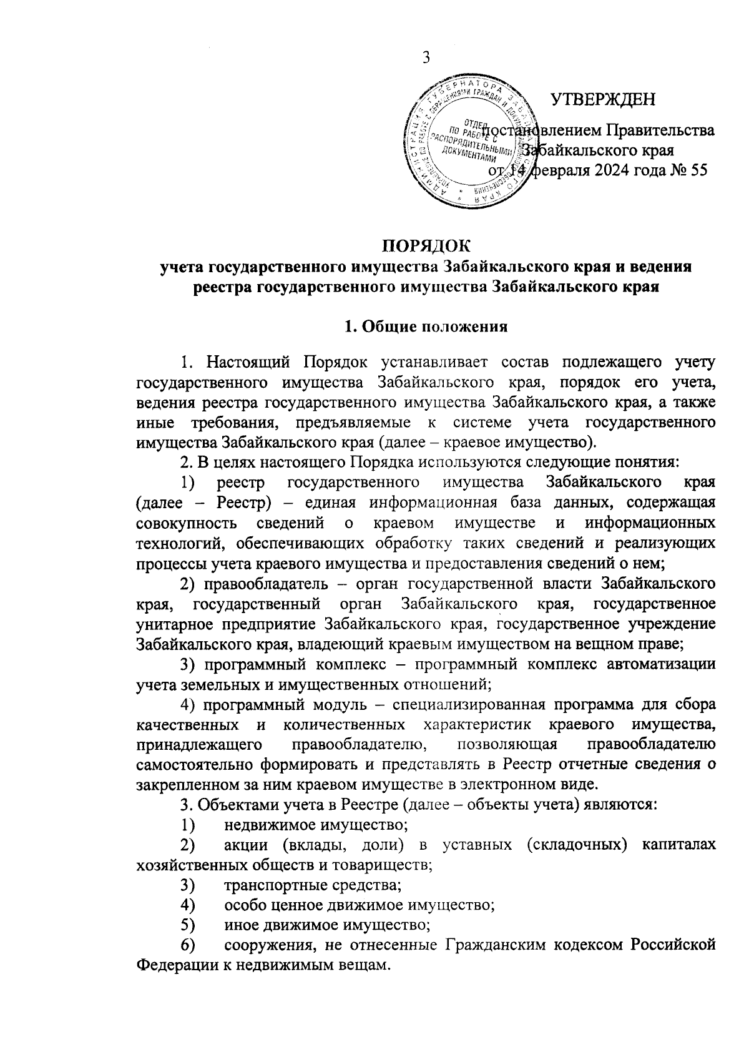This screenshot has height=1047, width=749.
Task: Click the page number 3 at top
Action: click(426, 58)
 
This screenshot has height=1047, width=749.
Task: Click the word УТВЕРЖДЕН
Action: click(603, 99)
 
